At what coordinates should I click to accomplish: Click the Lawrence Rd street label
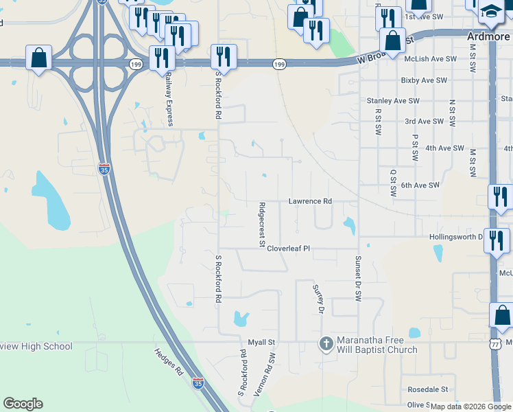tap(309, 201)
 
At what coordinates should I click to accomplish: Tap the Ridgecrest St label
tap(261, 224)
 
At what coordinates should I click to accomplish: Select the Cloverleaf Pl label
tap(289, 249)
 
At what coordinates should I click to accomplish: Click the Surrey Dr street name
tap(317, 299)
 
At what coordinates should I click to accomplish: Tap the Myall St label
tap(261, 341)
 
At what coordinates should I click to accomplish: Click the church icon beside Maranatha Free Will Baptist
tap(326, 343)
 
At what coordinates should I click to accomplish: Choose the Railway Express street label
tap(167, 101)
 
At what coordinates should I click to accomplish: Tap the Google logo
tap(23, 404)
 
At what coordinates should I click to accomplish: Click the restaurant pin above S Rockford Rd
tap(224, 55)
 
